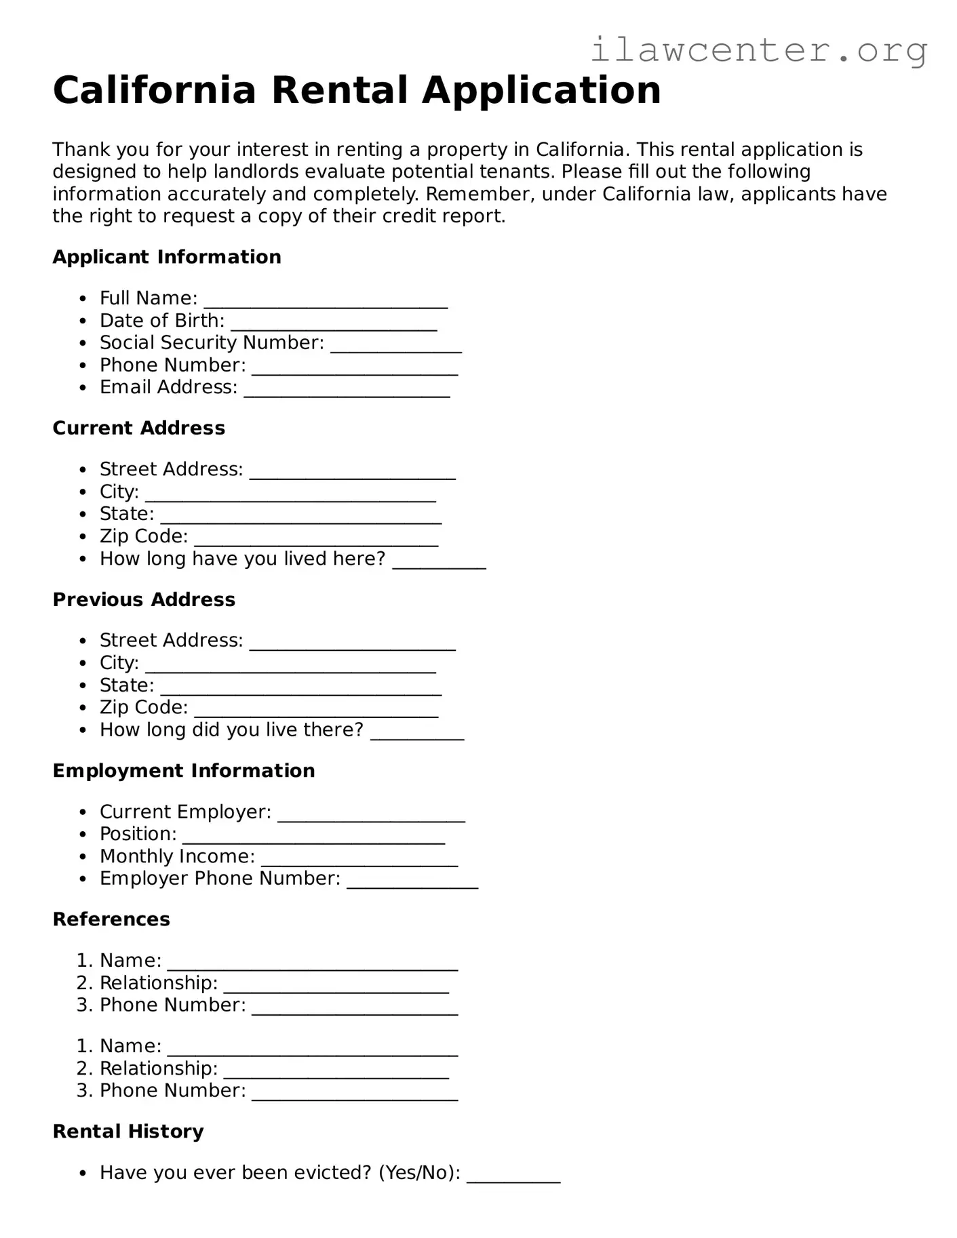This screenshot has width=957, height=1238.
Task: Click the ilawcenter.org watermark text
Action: click(758, 51)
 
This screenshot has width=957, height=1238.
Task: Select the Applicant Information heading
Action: click(167, 257)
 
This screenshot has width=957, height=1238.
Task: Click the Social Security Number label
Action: click(212, 343)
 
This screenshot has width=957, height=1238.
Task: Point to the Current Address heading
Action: click(139, 428)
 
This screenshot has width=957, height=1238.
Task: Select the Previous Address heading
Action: click(144, 600)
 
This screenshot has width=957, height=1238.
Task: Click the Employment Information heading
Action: click(184, 771)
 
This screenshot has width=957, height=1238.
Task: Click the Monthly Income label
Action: click(177, 856)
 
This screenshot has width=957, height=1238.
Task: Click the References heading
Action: click(111, 919)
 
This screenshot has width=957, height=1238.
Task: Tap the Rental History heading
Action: click(128, 1132)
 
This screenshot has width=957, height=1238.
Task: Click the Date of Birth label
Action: click(161, 321)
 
